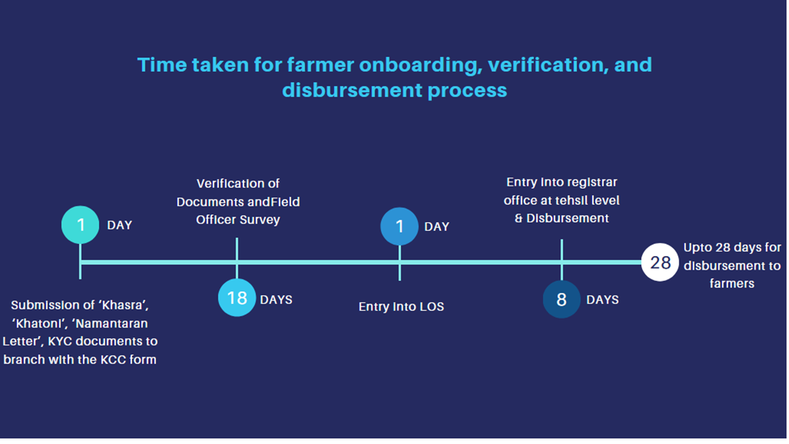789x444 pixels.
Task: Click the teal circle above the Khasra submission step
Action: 80,225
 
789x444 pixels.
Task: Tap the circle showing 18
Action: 237,298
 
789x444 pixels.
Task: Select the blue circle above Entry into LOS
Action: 399,226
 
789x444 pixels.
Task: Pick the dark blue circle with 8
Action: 562,299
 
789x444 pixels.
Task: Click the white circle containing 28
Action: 660,262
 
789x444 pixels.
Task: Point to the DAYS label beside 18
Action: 276,300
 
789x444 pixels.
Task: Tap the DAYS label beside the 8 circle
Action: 602,300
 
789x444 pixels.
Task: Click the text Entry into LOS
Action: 401,306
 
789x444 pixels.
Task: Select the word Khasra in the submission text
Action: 124,305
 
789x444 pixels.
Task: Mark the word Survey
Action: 260,220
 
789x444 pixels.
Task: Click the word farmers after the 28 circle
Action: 732,284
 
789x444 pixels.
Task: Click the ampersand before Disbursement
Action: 518,218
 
